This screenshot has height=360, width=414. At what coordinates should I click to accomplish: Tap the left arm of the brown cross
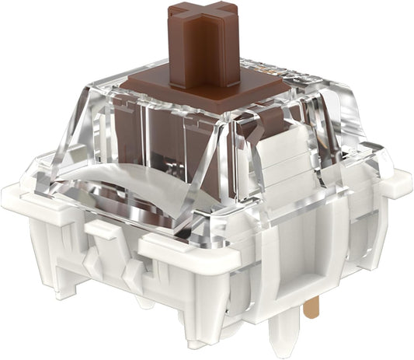pos(175,16)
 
